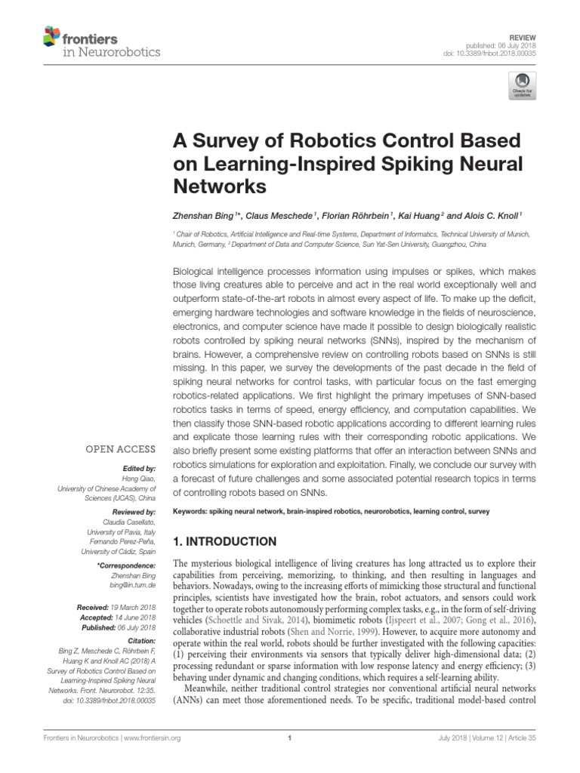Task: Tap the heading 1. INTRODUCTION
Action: point(226,541)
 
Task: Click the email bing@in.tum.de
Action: point(133,585)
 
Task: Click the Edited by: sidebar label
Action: point(137,469)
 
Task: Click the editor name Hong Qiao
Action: point(138,479)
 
